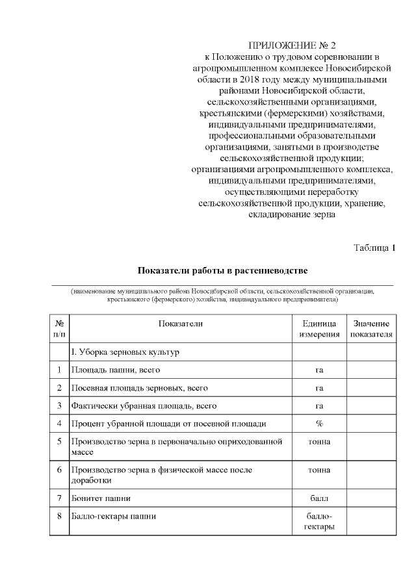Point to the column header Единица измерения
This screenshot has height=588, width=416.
[x=319, y=329]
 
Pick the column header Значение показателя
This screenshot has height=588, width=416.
[x=371, y=329]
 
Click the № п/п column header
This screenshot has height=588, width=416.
[x=59, y=329]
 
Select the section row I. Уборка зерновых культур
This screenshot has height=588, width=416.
[x=125, y=352]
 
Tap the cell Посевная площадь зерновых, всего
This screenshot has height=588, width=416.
[x=139, y=388]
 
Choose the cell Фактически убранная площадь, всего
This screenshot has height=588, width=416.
[x=143, y=406]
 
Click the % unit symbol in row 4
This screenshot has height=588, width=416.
[x=319, y=424]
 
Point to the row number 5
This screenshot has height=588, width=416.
[x=59, y=442]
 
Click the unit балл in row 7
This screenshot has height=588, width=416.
[x=319, y=498]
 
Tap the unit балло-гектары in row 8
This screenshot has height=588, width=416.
[x=319, y=521]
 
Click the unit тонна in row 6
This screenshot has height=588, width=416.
[x=319, y=469]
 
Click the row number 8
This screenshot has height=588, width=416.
[x=59, y=517]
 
